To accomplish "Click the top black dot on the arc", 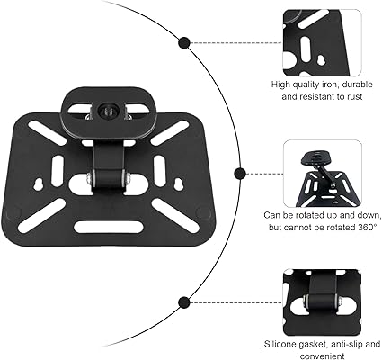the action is [x=183, y=43].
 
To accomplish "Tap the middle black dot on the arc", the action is [x=240, y=174].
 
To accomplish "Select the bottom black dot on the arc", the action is [x=183, y=302].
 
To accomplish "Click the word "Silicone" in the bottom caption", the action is [x=280, y=344].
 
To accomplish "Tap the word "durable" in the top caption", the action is [x=357, y=85].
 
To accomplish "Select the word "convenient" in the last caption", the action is [x=322, y=356].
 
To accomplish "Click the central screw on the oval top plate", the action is [x=107, y=111].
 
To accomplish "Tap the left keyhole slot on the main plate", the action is [x=39, y=184].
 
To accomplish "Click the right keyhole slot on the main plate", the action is [x=178, y=184].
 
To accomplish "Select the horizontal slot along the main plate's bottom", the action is [x=109, y=227].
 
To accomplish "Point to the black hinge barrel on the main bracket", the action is [x=109, y=179].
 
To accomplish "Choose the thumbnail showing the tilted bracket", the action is [x=323, y=174].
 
